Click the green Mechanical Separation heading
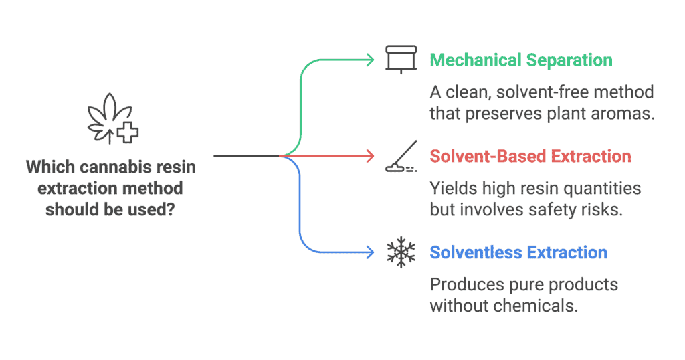coord(520,60)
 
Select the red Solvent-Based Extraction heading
coord(530,157)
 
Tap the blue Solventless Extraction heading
coord(518,253)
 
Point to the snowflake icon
coord(401,253)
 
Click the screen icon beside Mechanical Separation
coord(401,59)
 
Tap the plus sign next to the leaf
coord(126,133)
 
